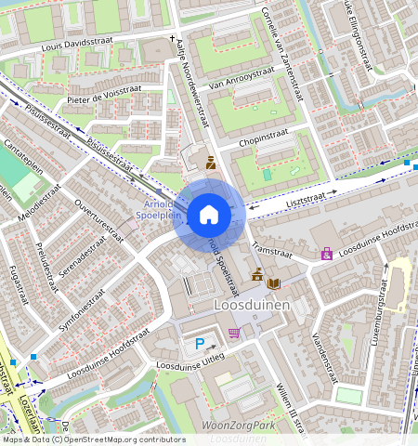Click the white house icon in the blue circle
[209, 216]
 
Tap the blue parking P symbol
[200, 344]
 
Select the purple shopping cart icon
[235, 333]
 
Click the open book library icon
[273, 283]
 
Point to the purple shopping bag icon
[326, 254]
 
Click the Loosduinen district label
[252, 305]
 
